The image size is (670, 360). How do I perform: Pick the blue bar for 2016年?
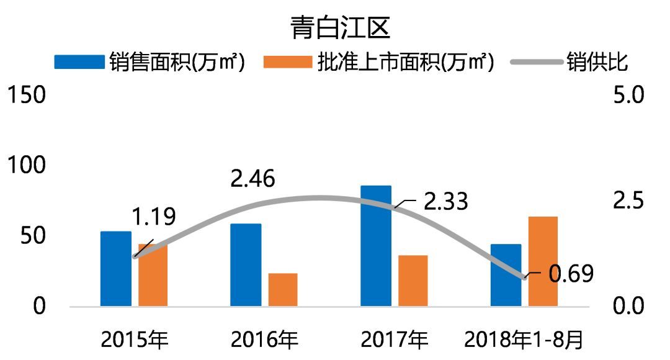tap(246, 265)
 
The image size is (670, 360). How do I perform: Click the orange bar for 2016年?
tap(283, 290)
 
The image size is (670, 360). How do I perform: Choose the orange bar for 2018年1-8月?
tap(543, 261)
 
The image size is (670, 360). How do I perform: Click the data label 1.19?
tap(153, 217)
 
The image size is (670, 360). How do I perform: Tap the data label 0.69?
tap(571, 273)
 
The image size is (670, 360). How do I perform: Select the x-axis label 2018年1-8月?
tap(525, 340)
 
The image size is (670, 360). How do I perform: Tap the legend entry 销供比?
tap(596, 62)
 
